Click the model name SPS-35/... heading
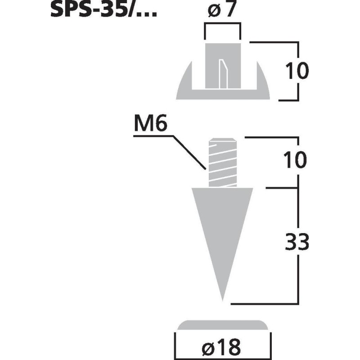coord(103,10)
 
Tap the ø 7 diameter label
coord(222,10)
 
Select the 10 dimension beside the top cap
coord(297,71)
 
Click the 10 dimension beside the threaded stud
coord(297,160)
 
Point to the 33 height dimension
coord(297,243)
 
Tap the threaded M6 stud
coord(222,162)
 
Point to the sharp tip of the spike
coord(222,300)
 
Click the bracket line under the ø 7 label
coord(222,26)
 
